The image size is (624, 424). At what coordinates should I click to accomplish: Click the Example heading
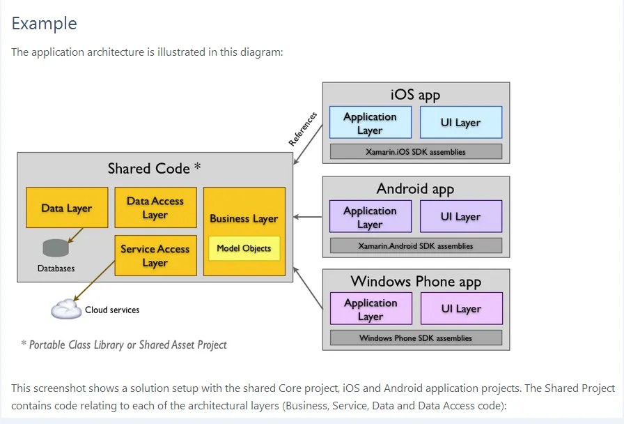[x=45, y=24]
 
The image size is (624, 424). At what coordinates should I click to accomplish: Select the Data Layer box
[x=67, y=207]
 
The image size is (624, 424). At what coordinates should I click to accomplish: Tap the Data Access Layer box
[x=155, y=207]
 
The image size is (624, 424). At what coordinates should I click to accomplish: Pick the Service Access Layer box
[x=155, y=255]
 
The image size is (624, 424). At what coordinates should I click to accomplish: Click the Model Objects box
[x=244, y=248]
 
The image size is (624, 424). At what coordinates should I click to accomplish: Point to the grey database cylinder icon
[x=56, y=248]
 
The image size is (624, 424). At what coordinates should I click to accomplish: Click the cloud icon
[x=66, y=308]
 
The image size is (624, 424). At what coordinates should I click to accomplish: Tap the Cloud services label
[x=112, y=310]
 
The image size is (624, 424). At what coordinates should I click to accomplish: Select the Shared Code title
[x=154, y=168]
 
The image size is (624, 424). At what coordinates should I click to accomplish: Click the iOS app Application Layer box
[x=370, y=123]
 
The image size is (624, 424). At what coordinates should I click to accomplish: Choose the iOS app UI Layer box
[x=460, y=123]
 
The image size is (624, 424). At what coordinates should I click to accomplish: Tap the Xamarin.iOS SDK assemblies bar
[x=416, y=151]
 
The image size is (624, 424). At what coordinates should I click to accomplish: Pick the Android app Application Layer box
[x=370, y=217]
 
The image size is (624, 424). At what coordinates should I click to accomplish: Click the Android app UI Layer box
[x=460, y=217]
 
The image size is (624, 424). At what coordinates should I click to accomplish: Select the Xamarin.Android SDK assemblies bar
[x=416, y=245]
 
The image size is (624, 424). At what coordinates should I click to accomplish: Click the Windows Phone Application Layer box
[x=370, y=309]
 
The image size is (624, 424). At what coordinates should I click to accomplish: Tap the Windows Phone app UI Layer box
[x=461, y=309]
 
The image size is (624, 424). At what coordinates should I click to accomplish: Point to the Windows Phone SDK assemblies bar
[x=416, y=338]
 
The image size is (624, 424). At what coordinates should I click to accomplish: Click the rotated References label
[x=303, y=129]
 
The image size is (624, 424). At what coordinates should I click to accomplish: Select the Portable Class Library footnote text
[x=124, y=344]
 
